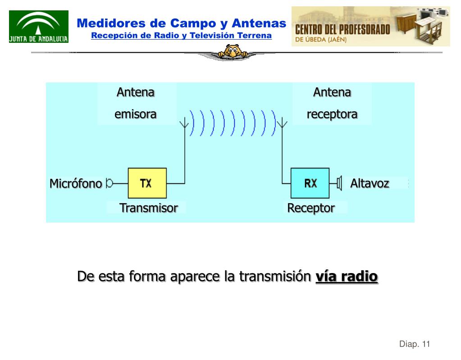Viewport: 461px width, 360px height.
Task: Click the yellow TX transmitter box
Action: (147, 183)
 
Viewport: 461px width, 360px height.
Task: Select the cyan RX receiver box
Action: (310, 183)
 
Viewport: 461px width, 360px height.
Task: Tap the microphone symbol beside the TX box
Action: (110, 183)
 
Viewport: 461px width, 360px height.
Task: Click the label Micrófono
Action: (75, 184)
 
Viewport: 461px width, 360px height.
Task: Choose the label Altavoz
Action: (370, 183)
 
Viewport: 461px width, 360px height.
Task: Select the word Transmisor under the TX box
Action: (148, 208)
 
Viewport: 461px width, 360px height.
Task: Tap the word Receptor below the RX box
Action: (311, 208)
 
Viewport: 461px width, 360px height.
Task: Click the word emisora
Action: (135, 114)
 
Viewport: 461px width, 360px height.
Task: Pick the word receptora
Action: (332, 114)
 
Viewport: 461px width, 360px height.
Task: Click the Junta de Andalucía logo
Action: (39, 27)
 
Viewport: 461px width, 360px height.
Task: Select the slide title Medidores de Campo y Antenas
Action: (181, 23)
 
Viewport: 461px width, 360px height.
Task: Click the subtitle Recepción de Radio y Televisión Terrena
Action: (181, 35)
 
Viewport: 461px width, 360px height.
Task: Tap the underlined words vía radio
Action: (347, 276)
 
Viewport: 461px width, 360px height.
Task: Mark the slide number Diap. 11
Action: (415, 344)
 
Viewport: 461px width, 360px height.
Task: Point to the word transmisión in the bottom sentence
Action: (275, 276)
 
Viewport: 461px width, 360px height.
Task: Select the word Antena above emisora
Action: (135, 92)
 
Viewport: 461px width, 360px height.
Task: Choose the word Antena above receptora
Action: (332, 92)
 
